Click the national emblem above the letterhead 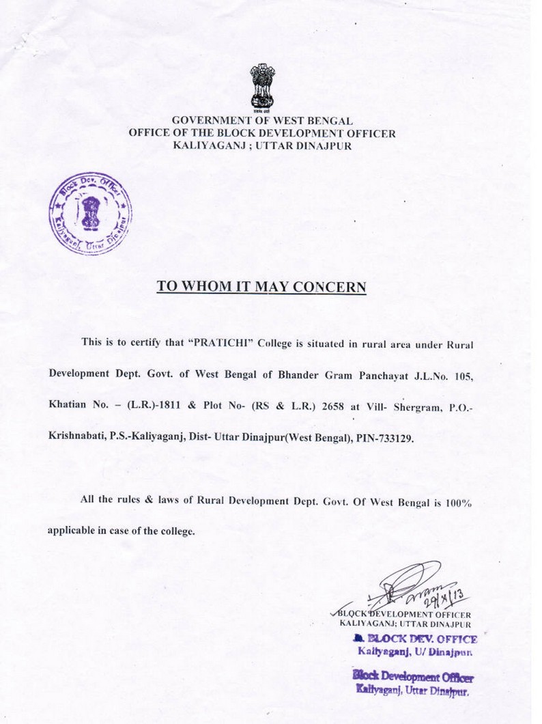pyautogui.click(x=261, y=87)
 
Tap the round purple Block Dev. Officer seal pyautogui.click(x=89, y=214)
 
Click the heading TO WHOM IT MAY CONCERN pyautogui.click(x=261, y=287)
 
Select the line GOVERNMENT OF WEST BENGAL pyautogui.click(x=262, y=121)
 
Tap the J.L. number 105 pyautogui.click(x=462, y=375)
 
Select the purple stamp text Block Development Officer pyautogui.click(x=414, y=677)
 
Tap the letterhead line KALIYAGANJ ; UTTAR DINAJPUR pyautogui.click(x=262, y=145)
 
